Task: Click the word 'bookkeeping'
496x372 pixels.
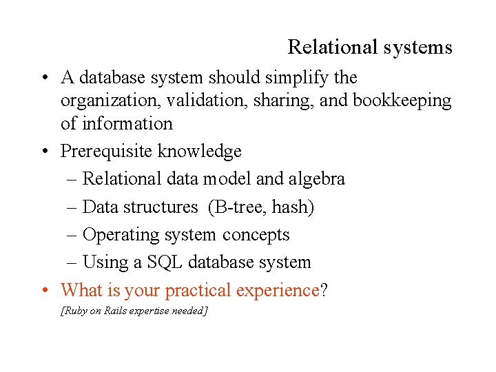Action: pyautogui.click(x=402, y=101)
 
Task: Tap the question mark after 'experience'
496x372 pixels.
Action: pyautogui.click(x=324, y=290)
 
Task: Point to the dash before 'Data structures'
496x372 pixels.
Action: pyautogui.click(x=73, y=207)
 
